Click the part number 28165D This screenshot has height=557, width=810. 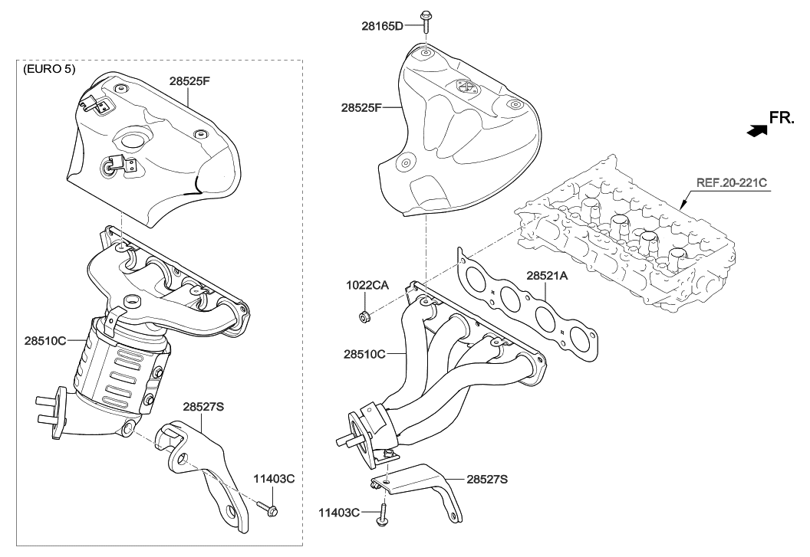click(x=382, y=25)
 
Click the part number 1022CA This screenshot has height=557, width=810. click(x=366, y=285)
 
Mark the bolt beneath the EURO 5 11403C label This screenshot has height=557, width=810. click(x=268, y=508)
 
